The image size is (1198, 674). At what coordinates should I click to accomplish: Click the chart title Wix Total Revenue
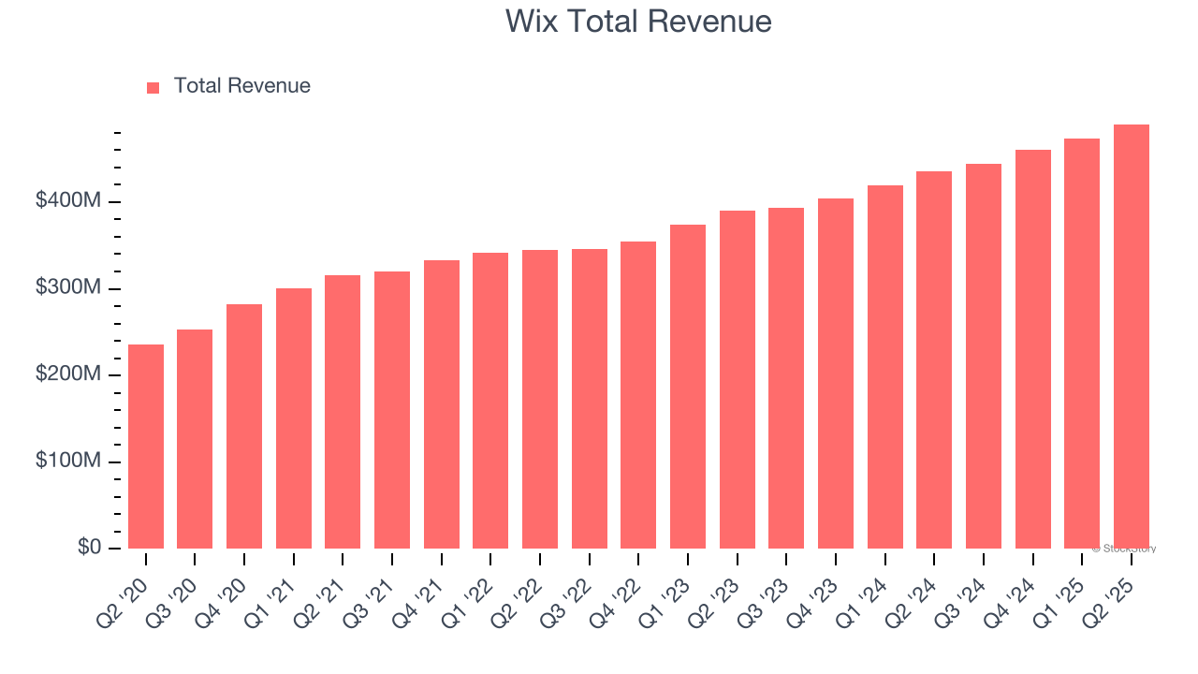click(x=638, y=21)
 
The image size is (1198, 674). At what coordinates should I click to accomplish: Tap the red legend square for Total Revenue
click(x=153, y=87)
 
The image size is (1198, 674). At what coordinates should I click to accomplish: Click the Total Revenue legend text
click(x=241, y=86)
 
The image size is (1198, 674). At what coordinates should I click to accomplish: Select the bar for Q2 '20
click(x=146, y=447)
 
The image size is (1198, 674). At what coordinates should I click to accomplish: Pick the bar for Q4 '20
click(x=244, y=426)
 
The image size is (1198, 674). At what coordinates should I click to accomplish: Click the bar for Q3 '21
click(x=392, y=410)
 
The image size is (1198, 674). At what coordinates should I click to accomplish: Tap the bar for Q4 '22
click(x=638, y=395)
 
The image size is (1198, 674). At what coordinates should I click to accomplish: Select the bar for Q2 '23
click(x=737, y=379)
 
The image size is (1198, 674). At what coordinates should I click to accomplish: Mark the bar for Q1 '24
click(x=884, y=367)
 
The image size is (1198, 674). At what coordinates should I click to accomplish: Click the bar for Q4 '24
click(x=1032, y=349)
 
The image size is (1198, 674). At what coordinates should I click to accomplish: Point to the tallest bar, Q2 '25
click(x=1131, y=337)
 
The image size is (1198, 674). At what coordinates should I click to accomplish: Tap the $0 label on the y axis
click(x=90, y=548)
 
